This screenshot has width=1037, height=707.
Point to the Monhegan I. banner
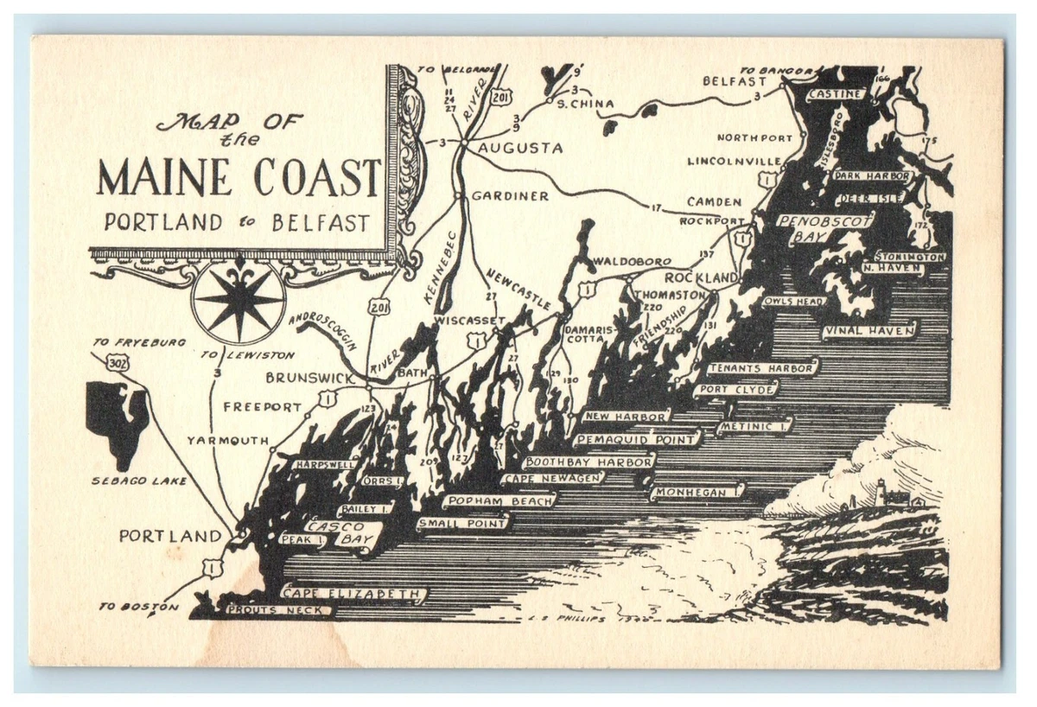tap(697, 492)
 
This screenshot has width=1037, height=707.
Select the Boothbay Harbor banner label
tap(589, 462)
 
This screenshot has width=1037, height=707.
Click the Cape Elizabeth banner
tap(354, 594)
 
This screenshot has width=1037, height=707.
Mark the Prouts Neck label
tap(278, 611)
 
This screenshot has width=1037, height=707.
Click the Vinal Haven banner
tap(869, 330)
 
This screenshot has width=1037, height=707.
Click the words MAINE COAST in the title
tap(239, 177)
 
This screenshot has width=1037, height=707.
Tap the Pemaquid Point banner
tap(637, 440)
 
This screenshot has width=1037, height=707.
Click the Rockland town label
tap(701, 277)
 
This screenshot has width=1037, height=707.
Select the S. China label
tap(585, 104)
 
